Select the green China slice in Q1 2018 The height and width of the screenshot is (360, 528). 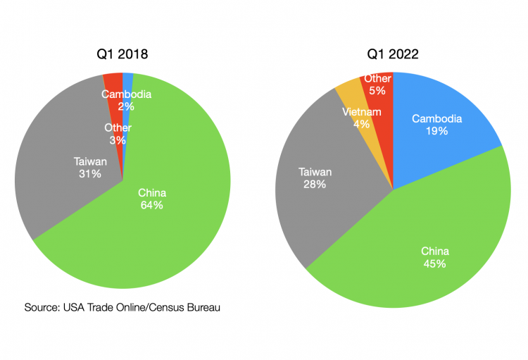pos(176,232)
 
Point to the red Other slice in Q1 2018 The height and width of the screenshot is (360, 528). pos(113,81)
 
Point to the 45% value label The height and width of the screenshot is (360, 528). pos(434,263)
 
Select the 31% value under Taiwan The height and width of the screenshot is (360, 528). pos(90,173)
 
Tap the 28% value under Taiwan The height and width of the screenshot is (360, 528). pos(314,184)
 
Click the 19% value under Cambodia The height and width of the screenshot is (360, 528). pos(436,131)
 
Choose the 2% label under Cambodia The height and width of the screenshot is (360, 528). pos(127,106)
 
